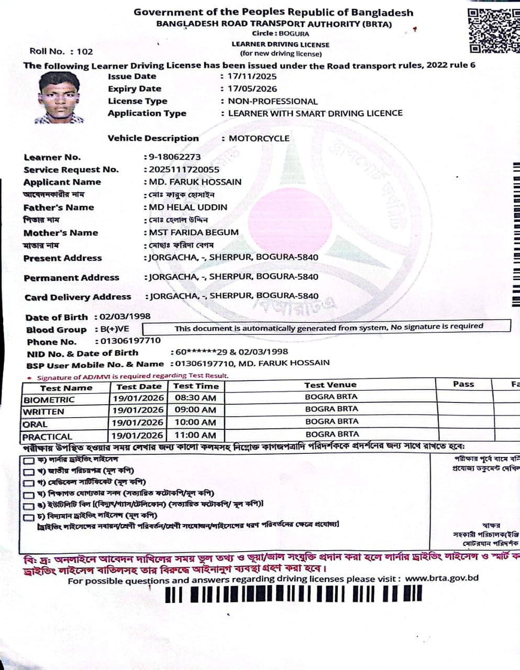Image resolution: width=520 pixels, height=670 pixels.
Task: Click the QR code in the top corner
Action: click(492, 30)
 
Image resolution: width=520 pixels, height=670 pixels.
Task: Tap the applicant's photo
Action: click(59, 98)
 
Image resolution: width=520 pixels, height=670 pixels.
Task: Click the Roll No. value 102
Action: click(84, 51)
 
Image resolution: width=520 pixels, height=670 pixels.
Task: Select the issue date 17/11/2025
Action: click(252, 76)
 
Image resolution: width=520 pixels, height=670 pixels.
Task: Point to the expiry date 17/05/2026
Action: click(252, 89)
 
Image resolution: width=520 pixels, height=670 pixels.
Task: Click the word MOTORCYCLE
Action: click(259, 139)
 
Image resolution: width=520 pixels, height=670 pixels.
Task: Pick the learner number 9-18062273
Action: click(174, 157)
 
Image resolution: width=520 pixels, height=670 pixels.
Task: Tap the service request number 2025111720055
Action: click(184, 170)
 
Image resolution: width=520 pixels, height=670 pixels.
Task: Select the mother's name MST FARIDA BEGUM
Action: click(194, 232)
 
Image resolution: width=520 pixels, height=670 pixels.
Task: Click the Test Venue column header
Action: click(330, 385)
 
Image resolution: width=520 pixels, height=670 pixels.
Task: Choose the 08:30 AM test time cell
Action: click(195, 398)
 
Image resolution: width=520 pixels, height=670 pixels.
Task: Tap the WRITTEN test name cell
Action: click(43, 412)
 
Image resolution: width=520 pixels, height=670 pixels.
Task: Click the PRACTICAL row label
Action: click(47, 437)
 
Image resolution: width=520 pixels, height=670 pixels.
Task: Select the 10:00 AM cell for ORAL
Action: click(195, 422)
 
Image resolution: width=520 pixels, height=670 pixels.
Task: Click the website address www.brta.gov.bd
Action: click(441, 578)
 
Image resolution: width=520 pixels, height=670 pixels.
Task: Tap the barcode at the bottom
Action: click(293, 595)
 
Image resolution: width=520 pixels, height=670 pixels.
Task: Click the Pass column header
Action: click(463, 384)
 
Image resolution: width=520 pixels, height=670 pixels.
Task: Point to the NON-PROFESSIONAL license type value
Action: click(272, 102)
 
